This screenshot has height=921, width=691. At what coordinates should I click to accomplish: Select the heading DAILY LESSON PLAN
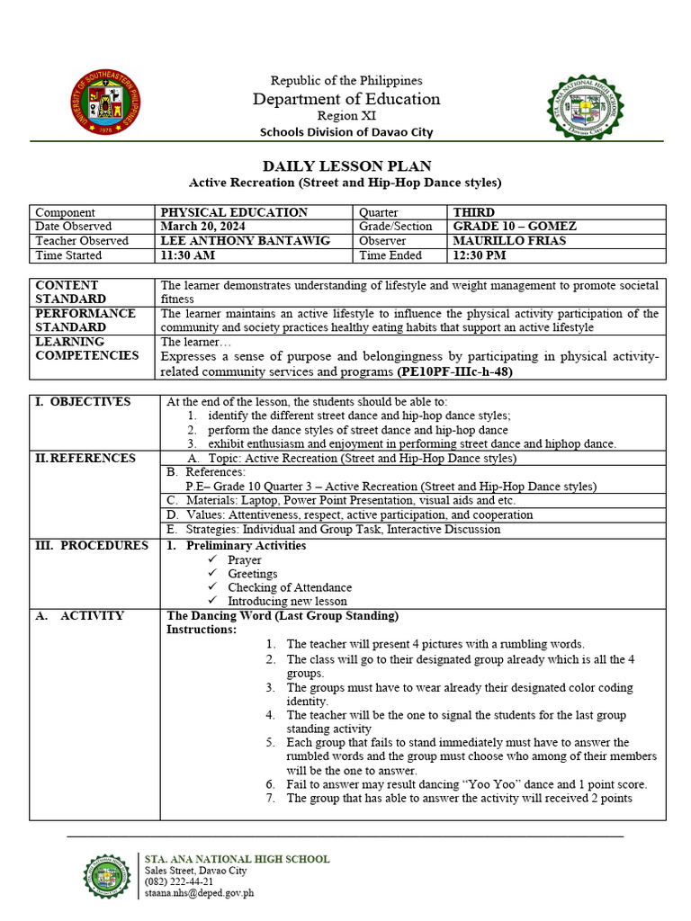coord(346,165)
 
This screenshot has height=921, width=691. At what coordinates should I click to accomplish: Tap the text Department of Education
coord(346,99)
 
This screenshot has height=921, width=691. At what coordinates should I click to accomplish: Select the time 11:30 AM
coord(187,255)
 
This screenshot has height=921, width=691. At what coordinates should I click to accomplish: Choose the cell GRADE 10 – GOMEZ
coord(515,227)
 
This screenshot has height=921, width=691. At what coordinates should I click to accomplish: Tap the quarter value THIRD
coord(474,212)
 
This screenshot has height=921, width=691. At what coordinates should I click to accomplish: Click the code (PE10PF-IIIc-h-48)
coord(454,371)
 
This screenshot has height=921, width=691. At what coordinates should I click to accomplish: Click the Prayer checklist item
coord(244,559)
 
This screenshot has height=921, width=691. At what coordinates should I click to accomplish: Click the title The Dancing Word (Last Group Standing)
coord(283,616)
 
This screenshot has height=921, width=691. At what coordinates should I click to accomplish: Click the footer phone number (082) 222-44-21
coord(179,882)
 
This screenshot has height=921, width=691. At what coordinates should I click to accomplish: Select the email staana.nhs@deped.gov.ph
coord(199,893)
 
